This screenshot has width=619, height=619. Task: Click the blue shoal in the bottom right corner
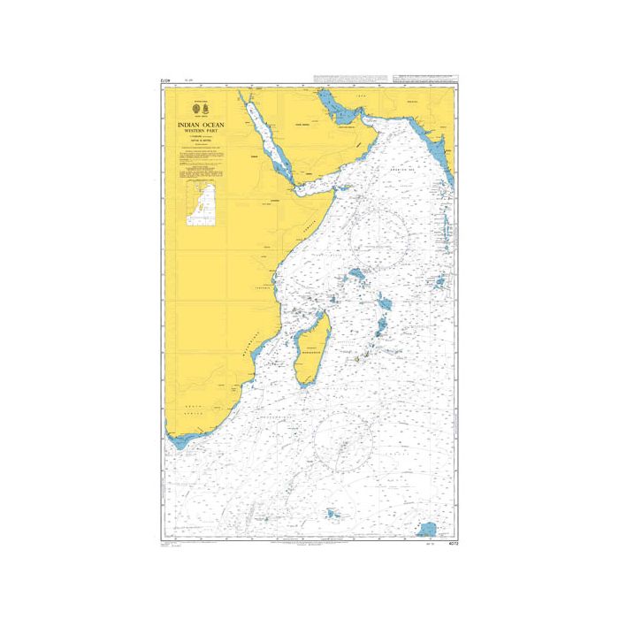point(428,528)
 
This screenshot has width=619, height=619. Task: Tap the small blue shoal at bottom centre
point(333,512)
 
